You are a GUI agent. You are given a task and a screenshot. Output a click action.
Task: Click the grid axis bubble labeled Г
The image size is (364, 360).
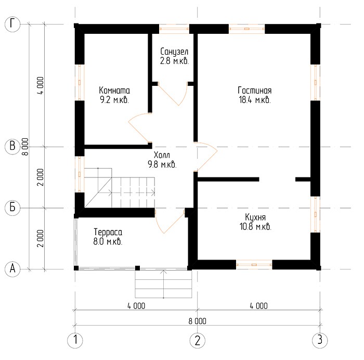12,24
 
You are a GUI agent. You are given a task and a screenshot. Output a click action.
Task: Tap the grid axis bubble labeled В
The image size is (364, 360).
12,147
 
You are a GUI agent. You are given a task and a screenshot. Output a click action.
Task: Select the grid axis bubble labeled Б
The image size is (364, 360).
12,208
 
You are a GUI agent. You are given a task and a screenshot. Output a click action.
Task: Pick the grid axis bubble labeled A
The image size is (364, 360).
12,269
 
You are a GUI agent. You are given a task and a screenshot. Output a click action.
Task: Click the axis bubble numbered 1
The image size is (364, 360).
75,340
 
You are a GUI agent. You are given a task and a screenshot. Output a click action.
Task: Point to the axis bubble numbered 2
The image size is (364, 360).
197,340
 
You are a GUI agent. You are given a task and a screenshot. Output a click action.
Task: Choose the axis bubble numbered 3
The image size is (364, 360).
320,340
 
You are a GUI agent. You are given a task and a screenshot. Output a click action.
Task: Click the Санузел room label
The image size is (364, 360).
174,52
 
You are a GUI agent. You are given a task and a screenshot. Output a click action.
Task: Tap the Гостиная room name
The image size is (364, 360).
255,91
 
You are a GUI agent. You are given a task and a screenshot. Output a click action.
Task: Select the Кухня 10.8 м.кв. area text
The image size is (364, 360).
255,222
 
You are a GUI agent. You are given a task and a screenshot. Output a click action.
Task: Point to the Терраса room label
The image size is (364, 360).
108,232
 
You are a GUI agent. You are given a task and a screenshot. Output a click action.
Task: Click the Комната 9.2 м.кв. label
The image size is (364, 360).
114,95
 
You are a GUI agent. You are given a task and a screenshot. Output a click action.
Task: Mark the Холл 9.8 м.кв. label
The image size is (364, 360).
162,160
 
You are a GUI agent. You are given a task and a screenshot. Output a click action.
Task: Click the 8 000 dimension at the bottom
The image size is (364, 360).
197,321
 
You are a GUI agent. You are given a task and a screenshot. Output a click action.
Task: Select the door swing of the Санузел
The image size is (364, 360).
173,94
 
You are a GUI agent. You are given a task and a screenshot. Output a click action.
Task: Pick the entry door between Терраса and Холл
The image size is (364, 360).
170,221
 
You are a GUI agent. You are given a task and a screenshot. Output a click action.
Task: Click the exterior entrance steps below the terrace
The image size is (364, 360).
163,284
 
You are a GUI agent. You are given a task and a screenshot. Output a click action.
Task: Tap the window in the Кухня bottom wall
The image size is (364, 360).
254,265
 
